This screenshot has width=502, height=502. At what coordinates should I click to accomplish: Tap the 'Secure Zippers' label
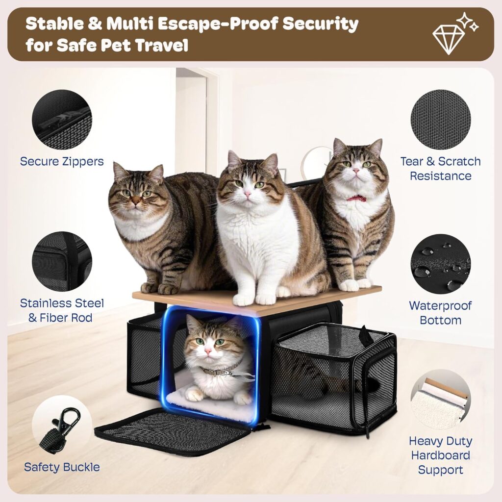tap(62, 161)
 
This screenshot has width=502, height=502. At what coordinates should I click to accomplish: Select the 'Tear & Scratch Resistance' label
tap(440, 168)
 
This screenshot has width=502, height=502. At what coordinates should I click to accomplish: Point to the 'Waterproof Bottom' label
tap(440, 313)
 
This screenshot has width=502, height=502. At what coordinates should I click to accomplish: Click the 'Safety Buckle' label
tap(62, 467)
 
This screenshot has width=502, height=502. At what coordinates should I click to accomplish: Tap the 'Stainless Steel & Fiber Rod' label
tap(62, 310)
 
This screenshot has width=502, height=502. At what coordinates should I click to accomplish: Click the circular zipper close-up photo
tap(62, 120)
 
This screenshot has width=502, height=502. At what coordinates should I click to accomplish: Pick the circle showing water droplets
tap(440, 264)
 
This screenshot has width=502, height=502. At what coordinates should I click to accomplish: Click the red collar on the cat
tap(356, 198)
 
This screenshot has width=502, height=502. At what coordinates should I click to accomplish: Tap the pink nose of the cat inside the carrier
tap(208, 352)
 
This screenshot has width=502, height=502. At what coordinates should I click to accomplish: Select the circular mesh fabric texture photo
tap(440, 120)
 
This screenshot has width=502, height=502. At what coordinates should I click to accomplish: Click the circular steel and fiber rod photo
tap(62, 262)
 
